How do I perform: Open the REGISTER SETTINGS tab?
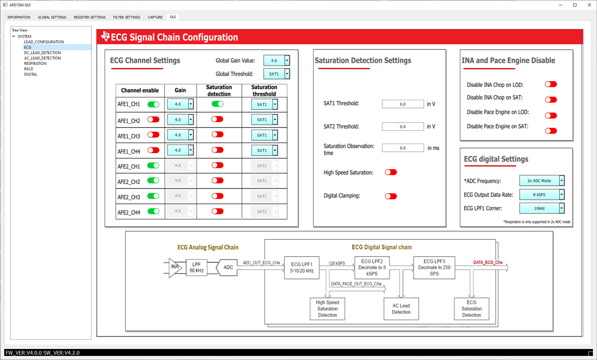coord(90,17)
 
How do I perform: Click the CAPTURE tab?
coord(155,17)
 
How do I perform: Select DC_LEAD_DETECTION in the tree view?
coord(43,53)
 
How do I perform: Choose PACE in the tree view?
coord(28,69)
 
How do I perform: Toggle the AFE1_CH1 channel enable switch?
coord(153,104)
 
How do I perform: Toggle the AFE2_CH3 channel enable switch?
coord(153,196)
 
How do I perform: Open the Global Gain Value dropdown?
coord(277,60)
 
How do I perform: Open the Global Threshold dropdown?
coord(277,74)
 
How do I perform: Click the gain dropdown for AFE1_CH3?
coord(181,135)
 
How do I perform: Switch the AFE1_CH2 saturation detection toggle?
coord(217,119)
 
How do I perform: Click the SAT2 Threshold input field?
coord(403,127)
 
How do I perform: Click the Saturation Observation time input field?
coord(403,148)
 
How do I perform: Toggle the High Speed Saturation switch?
coord(391,172)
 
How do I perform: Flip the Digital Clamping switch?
coord(391,196)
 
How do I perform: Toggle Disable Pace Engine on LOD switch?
coord(551,115)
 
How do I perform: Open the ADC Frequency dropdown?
coord(542,181)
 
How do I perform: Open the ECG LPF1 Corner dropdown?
coord(542,208)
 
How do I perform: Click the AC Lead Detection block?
coord(401,309)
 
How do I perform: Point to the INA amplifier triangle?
coord(175,268)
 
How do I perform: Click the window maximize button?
coord(575,5)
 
